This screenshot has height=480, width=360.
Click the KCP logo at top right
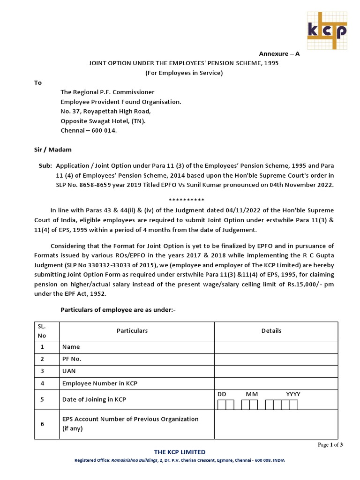pyautogui.click(x=327, y=30)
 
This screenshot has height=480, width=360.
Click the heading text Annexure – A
pyautogui.click(x=279, y=54)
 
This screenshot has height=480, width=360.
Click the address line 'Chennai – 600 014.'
pyautogui.click(x=89, y=130)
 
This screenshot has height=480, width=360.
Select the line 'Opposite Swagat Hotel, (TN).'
pyautogui.click(x=103, y=120)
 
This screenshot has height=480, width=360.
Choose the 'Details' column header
pyautogui.click(x=271, y=331)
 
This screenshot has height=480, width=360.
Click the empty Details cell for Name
pyautogui.click(x=276, y=347)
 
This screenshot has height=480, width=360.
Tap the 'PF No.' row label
pyautogui.click(x=72, y=359)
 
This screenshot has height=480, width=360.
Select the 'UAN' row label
pyautogui.click(x=69, y=371)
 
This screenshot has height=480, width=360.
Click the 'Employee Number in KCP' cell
pyautogui.click(x=100, y=383)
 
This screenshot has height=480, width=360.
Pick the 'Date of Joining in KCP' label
pyautogui.click(x=94, y=399)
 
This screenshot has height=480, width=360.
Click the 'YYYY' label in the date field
pyautogui.click(x=293, y=394)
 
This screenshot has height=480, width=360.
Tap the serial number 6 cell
pyautogui.click(x=42, y=424)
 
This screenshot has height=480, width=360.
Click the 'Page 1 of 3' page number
pyautogui.click(x=330, y=445)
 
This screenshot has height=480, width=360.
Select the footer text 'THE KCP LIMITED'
pyautogui.click(x=180, y=452)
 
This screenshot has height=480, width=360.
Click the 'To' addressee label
pyautogui.click(x=38, y=82)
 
